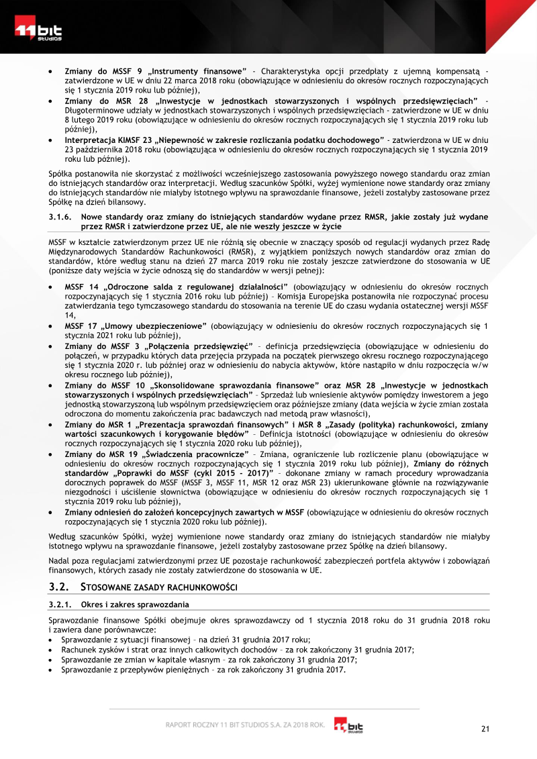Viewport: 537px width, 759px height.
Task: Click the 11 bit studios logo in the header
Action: (x=39, y=31)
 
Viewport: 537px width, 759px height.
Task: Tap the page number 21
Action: (x=485, y=729)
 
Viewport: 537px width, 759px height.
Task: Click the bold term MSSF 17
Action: (x=81, y=326)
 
